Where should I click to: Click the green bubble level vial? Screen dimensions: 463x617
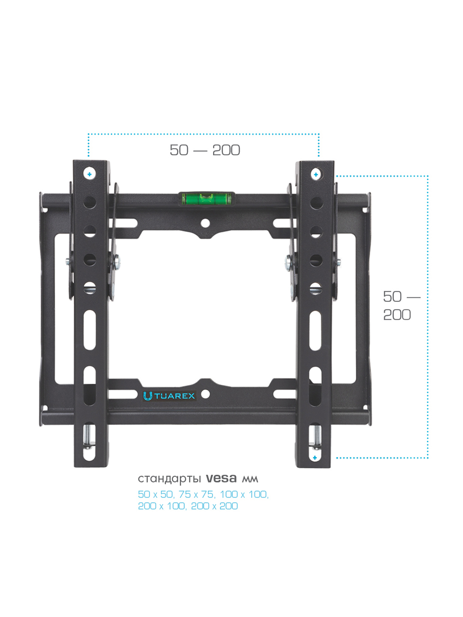(x=207, y=199)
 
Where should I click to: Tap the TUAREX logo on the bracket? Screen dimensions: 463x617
(x=169, y=396)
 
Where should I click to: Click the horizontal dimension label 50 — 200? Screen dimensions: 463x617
(x=205, y=150)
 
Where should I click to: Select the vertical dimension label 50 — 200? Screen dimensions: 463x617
(x=402, y=306)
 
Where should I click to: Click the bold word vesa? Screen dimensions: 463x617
(x=221, y=478)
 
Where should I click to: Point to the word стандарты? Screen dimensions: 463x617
(x=169, y=479)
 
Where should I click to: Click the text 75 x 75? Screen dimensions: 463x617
(x=196, y=494)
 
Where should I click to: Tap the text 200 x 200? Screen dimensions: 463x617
(x=214, y=506)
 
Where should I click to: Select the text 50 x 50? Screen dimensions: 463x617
(x=156, y=494)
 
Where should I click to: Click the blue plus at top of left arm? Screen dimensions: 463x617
(x=90, y=174)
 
